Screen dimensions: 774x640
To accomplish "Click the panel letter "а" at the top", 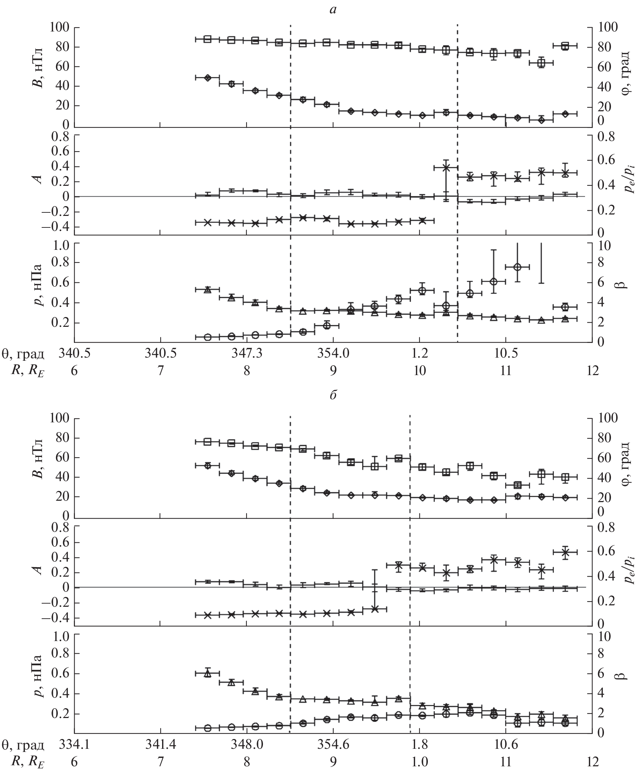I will [333, 10].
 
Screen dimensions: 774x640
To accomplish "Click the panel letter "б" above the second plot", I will [333, 395].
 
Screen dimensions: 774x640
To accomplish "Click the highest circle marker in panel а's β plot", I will [517, 267].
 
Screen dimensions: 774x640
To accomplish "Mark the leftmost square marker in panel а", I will [208, 39].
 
